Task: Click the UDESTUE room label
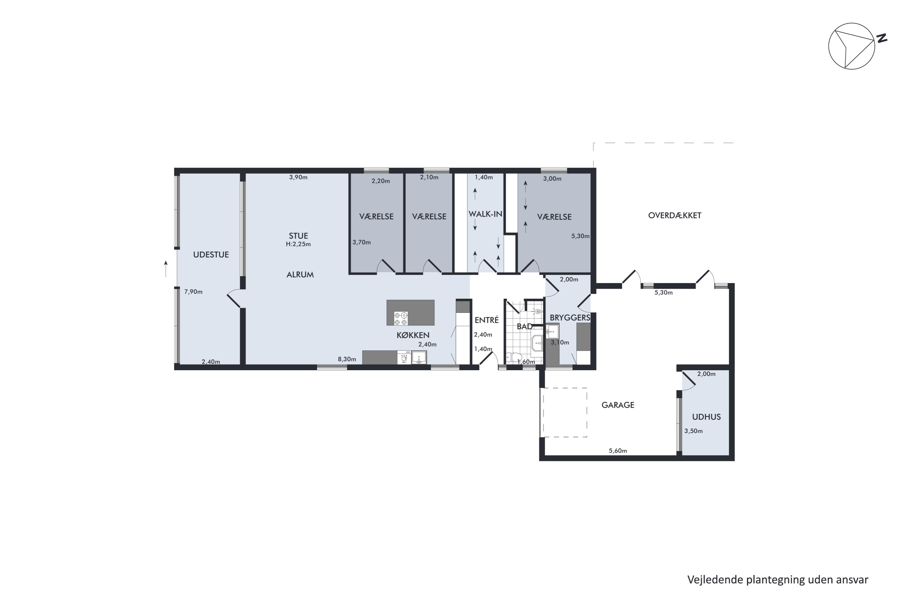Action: point(211,255)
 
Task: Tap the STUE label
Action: point(299,236)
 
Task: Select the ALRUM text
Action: point(300,274)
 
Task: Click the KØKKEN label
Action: point(413,335)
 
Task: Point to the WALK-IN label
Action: point(485,214)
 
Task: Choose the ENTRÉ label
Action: point(487,320)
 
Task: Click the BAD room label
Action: point(524,327)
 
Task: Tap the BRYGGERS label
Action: point(570,317)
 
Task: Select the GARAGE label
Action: point(618,405)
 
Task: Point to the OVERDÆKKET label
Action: point(675,215)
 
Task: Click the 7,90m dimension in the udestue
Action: point(193,292)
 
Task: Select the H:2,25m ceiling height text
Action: point(299,244)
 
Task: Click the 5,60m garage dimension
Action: point(618,451)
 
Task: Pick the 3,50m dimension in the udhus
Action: point(693,431)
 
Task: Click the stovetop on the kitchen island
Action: point(401,319)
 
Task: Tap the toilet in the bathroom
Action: point(513,357)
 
